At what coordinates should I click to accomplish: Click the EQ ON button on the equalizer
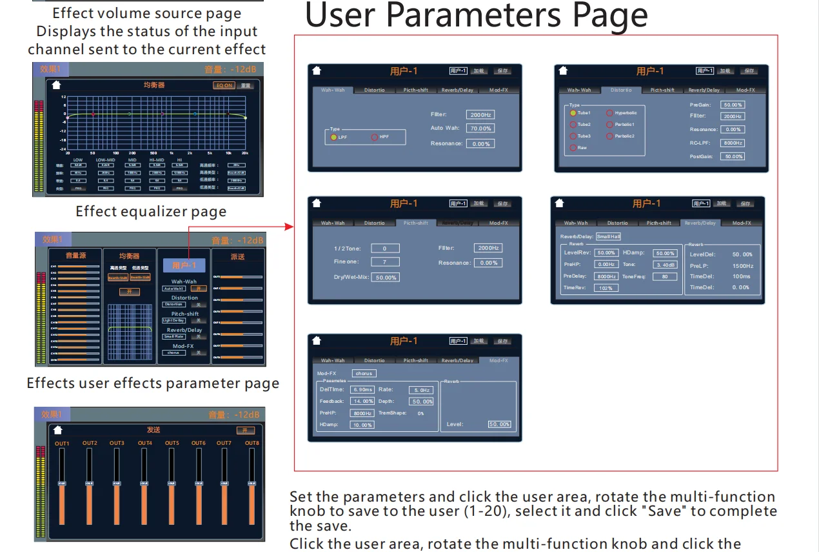tap(224, 85)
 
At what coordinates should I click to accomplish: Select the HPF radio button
tap(375, 137)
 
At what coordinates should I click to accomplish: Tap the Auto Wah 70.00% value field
tap(480, 128)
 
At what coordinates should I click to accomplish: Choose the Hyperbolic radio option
tap(609, 113)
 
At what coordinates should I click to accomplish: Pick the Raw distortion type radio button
tap(573, 148)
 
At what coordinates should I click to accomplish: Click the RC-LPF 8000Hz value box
tap(733, 143)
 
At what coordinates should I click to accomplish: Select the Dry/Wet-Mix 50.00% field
tap(385, 277)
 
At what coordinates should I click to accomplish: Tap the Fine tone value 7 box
tap(385, 262)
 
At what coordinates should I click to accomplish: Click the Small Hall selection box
tap(607, 237)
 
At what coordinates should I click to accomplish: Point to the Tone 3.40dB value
tap(664, 265)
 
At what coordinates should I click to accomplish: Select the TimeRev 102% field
tap(606, 288)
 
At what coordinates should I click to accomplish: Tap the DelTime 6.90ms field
tap(362, 390)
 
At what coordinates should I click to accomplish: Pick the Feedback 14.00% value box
tap(364, 402)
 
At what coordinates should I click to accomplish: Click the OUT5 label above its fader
tap(172, 444)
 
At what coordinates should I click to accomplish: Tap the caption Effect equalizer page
tap(151, 212)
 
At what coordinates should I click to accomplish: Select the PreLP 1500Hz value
tap(742, 266)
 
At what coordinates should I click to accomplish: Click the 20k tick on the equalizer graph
tap(245, 153)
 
